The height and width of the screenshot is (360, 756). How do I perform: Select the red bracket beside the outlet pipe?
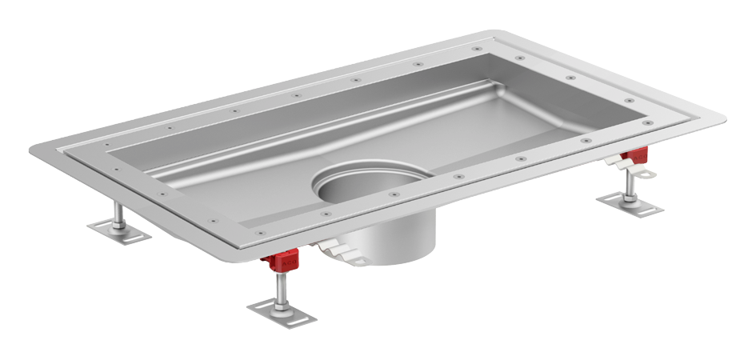tap(282, 259)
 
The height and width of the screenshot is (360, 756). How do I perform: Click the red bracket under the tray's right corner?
tap(636, 154)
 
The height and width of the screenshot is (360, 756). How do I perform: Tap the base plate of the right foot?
tap(629, 205)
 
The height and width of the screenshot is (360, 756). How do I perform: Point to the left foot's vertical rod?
tap(118, 215)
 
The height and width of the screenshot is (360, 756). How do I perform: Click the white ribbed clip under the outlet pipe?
tap(344, 253)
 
